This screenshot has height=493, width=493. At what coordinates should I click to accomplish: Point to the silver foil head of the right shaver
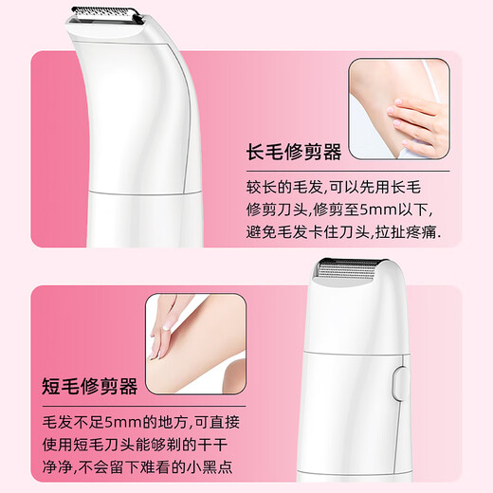(355, 277)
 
